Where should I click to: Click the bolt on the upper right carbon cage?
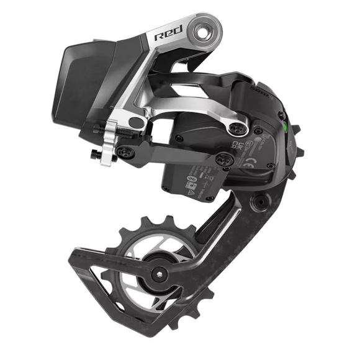pos(259,205)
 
